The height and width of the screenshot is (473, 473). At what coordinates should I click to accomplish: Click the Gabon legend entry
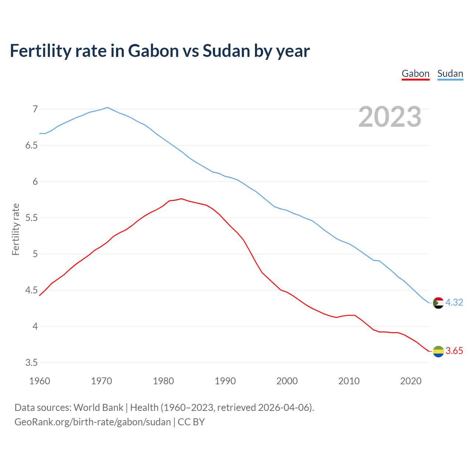[x=415, y=74]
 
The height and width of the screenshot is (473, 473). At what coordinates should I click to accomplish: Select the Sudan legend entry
[x=450, y=74]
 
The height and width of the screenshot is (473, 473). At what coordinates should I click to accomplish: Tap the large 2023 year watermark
[x=389, y=117]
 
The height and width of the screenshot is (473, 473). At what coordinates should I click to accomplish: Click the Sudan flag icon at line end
[x=438, y=303]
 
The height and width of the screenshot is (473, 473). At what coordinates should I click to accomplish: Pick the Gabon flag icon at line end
[x=438, y=351]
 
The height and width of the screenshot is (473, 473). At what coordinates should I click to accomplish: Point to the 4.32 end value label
[x=454, y=302]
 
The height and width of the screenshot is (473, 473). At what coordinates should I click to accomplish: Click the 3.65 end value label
[x=454, y=351]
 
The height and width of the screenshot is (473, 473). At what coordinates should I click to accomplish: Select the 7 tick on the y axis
[x=35, y=109]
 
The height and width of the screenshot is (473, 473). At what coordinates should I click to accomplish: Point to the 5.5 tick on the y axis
[x=31, y=218]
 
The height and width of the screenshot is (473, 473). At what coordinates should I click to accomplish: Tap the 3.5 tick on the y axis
[x=31, y=363]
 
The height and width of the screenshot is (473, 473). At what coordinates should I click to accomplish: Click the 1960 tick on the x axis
[x=40, y=381]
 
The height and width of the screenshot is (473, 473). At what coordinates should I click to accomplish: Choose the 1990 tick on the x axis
[x=225, y=381]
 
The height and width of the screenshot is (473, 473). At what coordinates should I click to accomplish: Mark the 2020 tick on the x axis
[x=411, y=381]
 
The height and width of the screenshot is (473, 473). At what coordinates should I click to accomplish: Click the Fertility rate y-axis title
[x=16, y=229]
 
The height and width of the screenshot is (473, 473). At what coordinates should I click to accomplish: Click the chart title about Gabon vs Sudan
[x=160, y=51]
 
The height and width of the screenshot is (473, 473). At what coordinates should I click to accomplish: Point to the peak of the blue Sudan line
[x=107, y=108]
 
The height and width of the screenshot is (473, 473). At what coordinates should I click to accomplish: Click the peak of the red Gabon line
[x=181, y=198]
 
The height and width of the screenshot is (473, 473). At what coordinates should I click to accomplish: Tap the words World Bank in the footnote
[x=98, y=408]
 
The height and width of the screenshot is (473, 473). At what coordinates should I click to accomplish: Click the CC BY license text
[x=191, y=422]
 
